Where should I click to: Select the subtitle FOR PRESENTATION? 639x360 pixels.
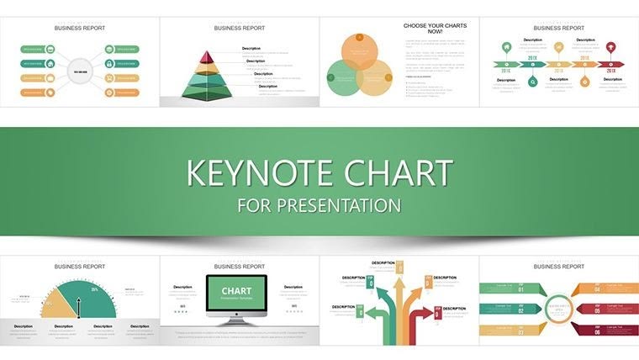[x=319, y=205]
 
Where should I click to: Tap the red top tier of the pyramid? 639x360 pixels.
[x=206, y=56]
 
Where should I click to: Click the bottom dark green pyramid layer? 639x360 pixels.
[x=206, y=91]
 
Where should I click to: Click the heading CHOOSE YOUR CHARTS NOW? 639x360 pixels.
[x=435, y=29]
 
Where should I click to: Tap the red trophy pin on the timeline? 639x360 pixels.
[x=611, y=47]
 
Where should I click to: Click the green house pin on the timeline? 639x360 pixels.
[x=506, y=47]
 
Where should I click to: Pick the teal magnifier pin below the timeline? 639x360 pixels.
[x=532, y=82]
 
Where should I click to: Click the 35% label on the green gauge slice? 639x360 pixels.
[x=94, y=290]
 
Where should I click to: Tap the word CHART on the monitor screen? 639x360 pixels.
[x=236, y=290]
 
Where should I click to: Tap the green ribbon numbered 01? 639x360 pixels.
[x=504, y=289]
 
